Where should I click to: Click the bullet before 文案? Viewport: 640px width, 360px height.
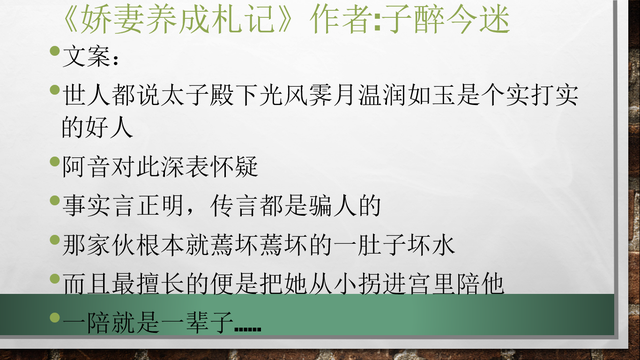(55, 50)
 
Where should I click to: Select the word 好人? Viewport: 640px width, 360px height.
(114, 127)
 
